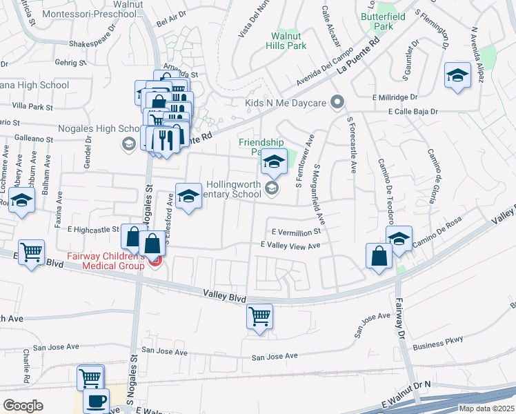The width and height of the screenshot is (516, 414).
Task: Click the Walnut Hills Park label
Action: click(x=288, y=41)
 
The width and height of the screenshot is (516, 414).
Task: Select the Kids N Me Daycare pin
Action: click(x=337, y=103)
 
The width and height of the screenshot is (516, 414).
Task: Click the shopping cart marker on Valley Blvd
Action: click(x=259, y=317)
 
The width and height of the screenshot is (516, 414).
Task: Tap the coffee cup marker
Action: click(x=97, y=401)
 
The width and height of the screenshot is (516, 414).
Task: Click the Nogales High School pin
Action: click(x=128, y=144)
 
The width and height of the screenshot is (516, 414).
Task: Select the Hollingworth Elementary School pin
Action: click(x=272, y=188)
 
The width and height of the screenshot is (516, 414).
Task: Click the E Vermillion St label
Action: click(x=296, y=233)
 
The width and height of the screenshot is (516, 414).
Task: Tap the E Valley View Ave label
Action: click(x=290, y=246)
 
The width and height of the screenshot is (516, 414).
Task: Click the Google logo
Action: click(x=23, y=406)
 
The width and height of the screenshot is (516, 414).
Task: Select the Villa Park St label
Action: click(x=32, y=107)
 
